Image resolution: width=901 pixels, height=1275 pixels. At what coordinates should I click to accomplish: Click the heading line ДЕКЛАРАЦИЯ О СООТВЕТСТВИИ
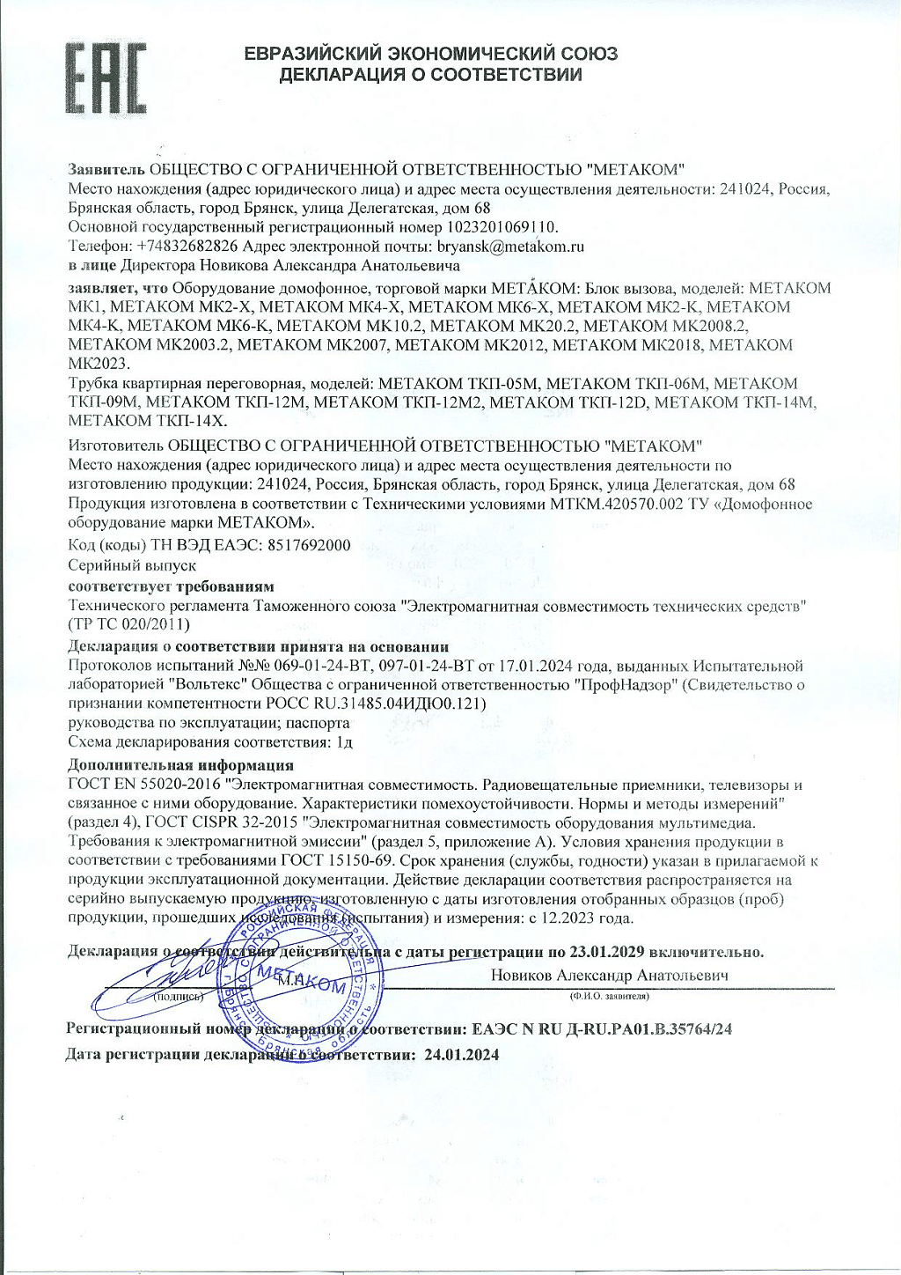click(430, 75)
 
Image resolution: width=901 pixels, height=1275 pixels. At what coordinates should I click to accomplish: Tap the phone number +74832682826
click(187, 247)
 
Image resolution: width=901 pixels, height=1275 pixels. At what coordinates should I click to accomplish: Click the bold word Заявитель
click(106, 169)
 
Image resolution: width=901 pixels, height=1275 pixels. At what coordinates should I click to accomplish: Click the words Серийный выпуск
click(132, 565)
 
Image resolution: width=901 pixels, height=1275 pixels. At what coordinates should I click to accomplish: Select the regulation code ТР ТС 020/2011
click(128, 624)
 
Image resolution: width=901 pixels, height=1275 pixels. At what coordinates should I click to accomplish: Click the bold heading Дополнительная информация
click(180, 765)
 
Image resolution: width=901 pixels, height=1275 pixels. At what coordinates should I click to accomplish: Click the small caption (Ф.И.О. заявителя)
click(608, 996)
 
